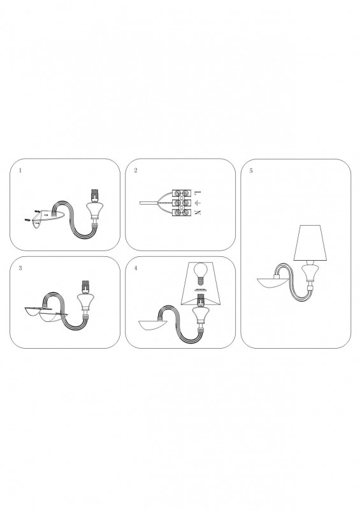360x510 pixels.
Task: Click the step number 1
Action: pos(20,170)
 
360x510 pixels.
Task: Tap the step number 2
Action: pos(136,170)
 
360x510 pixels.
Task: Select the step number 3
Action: pos(20,268)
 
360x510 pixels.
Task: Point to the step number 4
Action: pos(136,268)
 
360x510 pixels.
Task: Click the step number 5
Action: pos(251,171)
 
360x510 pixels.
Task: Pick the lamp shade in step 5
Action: pos(310,243)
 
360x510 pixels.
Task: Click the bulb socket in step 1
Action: pos(95,194)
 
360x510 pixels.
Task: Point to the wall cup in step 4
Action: pos(152,325)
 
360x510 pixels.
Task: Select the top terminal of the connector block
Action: pos(181,194)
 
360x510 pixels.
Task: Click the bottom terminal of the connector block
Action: pos(181,213)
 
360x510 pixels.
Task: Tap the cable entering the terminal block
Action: pos(148,203)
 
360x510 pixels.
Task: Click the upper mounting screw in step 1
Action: pos(38,211)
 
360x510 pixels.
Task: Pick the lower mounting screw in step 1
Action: pos(27,221)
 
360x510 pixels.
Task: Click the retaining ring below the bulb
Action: pos(201,289)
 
